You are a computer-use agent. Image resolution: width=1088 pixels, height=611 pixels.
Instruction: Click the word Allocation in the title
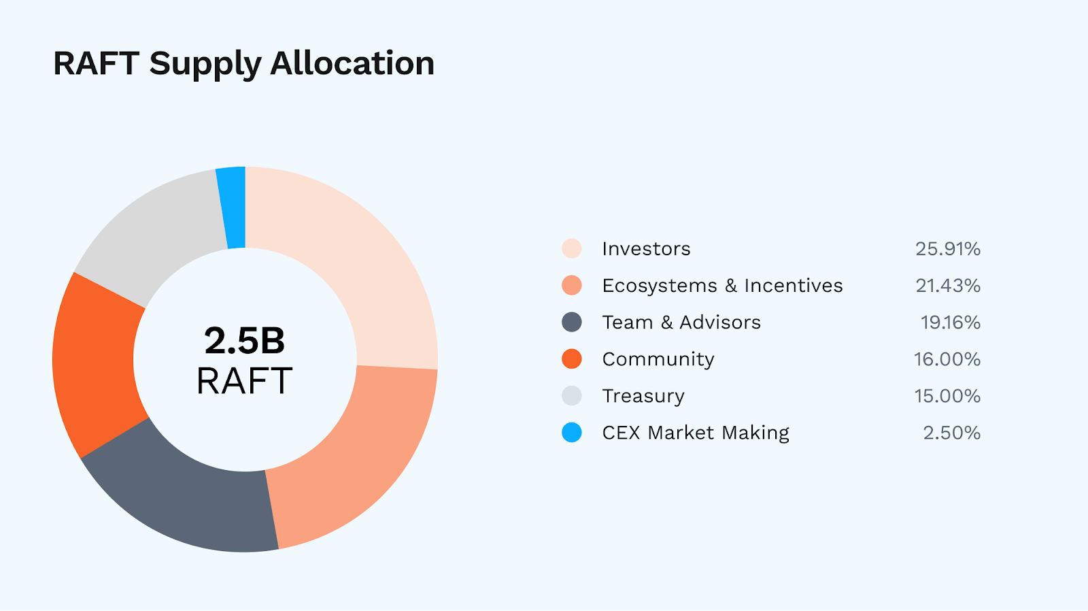pos(352,63)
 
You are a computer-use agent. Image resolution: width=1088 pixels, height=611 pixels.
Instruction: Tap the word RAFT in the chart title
pos(96,63)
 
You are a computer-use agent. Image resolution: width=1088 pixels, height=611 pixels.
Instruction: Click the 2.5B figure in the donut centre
pos(245,340)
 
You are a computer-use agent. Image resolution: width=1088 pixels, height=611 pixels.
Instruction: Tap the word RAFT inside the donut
pos(245,381)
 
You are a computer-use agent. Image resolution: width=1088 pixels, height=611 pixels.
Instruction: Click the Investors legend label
pos(646,249)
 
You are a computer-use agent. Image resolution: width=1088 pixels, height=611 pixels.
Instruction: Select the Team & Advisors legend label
pos(681,323)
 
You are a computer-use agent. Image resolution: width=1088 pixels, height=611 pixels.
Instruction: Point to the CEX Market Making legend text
pos(696,433)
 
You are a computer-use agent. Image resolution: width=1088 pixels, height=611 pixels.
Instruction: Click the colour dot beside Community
pos(572,359)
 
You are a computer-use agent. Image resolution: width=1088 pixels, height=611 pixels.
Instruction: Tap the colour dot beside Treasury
pos(572,396)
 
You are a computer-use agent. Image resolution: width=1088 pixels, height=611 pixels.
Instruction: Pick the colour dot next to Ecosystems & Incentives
pos(572,286)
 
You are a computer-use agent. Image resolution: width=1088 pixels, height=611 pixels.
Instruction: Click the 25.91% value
pos(947,249)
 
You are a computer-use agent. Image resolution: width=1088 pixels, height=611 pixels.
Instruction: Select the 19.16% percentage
pos(950,323)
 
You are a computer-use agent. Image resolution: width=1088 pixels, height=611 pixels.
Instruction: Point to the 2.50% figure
pos(951,433)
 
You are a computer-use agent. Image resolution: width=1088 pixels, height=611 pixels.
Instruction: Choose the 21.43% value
pos(947,286)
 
